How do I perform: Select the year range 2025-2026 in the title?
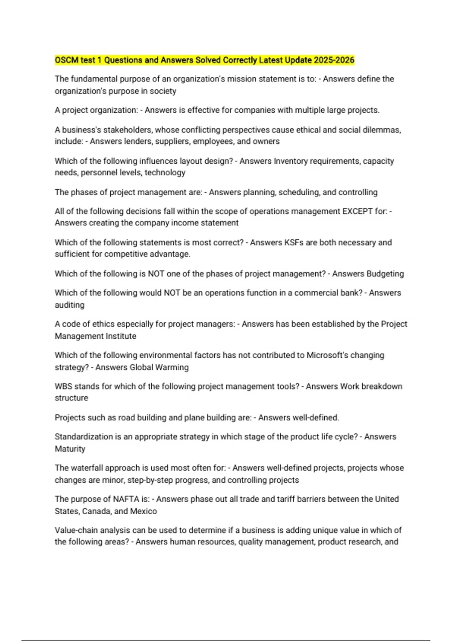coord(334,60)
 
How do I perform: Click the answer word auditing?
coord(70,305)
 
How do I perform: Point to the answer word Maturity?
coord(70,449)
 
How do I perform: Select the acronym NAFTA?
coord(126,499)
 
